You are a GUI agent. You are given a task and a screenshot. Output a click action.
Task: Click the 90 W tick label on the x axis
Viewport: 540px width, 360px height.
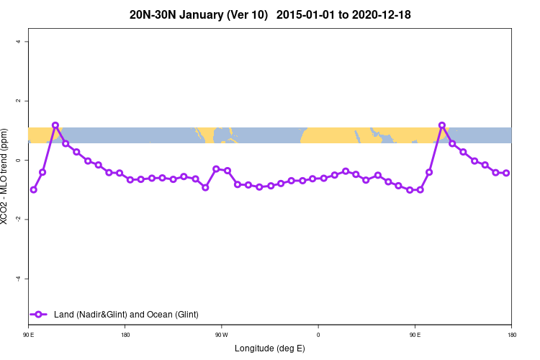221,335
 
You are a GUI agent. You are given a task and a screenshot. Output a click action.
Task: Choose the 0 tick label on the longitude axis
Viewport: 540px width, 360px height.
318,335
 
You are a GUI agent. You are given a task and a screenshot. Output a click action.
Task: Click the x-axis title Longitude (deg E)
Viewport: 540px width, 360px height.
270,348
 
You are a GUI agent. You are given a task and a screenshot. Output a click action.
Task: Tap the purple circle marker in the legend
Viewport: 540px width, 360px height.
39,314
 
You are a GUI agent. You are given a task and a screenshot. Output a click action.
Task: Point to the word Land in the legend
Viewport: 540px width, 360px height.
63,314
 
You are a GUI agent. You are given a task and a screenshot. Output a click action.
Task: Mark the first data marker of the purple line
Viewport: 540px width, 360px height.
33,189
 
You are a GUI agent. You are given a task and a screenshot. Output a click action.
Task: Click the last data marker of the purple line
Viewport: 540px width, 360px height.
506,173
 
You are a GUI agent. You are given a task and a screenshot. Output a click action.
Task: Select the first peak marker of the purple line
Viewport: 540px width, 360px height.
55,125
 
